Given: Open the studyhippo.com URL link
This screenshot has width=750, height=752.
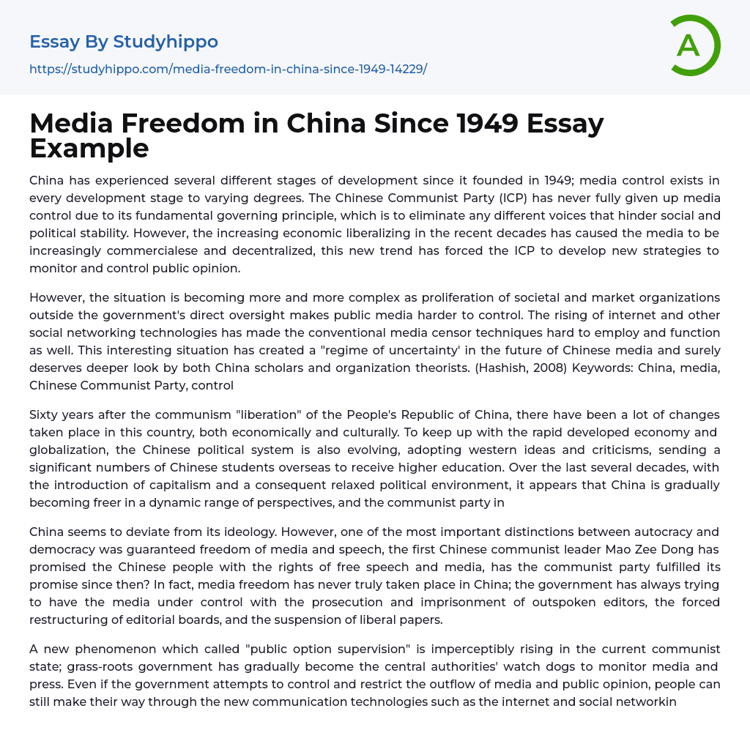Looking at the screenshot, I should click(x=228, y=69).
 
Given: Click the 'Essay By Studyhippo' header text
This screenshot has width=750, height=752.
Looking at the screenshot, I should click(x=124, y=42).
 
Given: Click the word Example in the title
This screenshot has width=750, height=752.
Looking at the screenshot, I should click(x=89, y=148).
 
